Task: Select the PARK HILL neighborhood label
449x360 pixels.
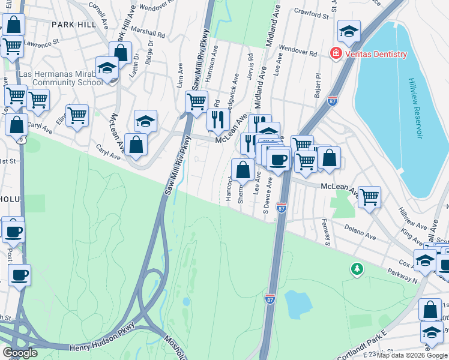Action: pos(73,25)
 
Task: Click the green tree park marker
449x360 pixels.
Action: pos(357,269)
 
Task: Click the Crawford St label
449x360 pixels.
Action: pos(311,12)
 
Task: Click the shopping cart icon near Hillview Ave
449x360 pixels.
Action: pos(369,196)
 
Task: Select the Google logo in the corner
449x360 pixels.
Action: pos(20,353)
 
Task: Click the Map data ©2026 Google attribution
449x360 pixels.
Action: pos(411,355)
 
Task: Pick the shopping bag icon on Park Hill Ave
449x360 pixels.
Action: pos(121,52)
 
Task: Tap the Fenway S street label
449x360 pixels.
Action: pos(328,235)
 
